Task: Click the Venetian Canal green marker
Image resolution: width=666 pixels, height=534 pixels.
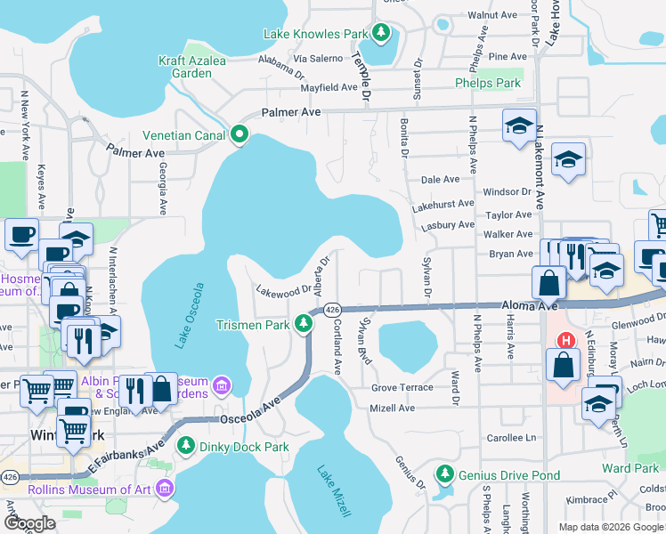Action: pyautogui.click(x=239, y=135)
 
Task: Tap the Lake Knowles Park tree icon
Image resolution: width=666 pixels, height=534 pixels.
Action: pyautogui.click(x=381, y=34)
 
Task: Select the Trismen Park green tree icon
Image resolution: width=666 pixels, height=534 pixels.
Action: pyautogui.click(x=305, y=324)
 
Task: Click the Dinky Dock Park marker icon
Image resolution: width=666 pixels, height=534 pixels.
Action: pyautogui.click(x=185, y=444)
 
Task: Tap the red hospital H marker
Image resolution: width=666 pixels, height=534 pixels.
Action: pyautogui.click(x=565, y=341)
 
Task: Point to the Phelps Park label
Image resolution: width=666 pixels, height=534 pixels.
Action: pyautogui.click(x=487, y=83)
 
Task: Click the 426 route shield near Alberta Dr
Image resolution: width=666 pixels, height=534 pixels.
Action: pyautogui.click(x=331, y=309)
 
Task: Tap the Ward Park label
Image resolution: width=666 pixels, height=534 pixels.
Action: pyautogui.click(x=629, y=468)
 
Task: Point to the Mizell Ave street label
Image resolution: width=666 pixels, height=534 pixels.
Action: pyautogui.click(x=394, y=409)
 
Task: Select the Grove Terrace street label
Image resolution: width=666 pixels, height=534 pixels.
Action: pyautogui.click(x=402, y=387)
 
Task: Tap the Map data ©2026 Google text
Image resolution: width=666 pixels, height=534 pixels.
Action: pyautogui.click(x=610, y=526)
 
